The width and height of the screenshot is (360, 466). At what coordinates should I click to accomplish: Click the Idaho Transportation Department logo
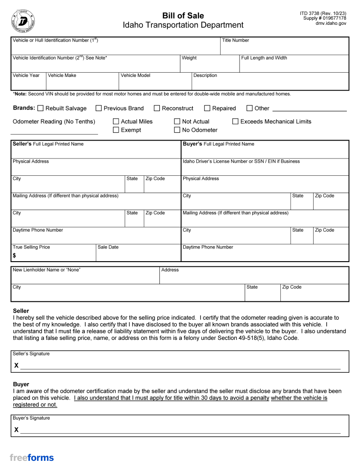click(x=22, y=21)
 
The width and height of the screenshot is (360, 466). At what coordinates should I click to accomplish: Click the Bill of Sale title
click(x=183, y=16)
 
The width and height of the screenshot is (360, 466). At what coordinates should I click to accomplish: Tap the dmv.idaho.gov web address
click(x=330, y=23)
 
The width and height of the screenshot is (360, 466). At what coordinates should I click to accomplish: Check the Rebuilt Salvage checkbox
click(x=40, y=108)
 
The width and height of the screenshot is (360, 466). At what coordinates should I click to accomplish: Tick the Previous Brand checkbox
click(x=98, y=108)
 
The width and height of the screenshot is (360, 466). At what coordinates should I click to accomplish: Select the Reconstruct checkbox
click(x=157, y=108)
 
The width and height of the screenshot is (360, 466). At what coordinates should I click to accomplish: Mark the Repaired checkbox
click(x=207, y=108)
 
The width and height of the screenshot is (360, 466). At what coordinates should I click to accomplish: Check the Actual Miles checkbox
click(x=116, y=121)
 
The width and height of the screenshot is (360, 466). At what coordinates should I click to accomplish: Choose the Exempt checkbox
click(x=116, y=130)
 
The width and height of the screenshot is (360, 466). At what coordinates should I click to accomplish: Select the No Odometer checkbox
click(x=177, y=130)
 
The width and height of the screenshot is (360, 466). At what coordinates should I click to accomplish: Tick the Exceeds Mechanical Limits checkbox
click(x=235, y=121)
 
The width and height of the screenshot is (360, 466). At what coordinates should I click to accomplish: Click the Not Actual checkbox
click(x=177, y=121)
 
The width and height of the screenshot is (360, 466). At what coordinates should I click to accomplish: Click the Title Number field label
click(x=235, y=40)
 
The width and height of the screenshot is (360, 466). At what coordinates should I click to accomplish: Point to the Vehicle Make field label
click(x=62, y=75)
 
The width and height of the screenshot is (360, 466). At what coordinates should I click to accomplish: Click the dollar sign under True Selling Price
click(x=15, y=256)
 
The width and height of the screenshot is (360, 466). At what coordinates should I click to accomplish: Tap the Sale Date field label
click(x=108, y=247)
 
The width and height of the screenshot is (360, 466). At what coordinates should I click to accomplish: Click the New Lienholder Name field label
click(x=46, y=270)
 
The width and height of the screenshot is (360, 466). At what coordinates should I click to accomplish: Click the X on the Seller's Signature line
click(x=16, y=365)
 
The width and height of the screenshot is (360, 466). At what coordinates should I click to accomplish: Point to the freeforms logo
click(x=32, y=458)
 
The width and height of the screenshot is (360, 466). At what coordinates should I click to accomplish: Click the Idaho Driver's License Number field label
click(x=241, y=161)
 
